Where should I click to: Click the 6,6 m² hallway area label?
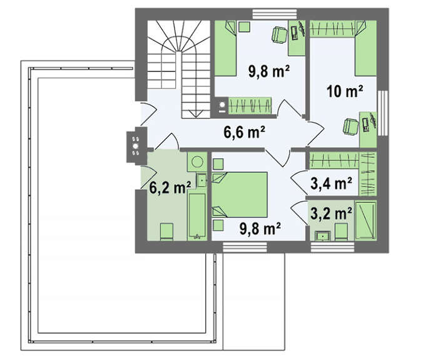tap(245, 132)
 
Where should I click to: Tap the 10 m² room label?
tap(345, 91)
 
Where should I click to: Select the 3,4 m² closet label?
tap(331, 183)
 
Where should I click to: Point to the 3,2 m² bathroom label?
tap(331, 214)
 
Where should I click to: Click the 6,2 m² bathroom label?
tap(170, 187)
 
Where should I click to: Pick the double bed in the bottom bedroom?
tap(240, 195)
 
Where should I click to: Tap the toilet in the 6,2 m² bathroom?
tap(167, 232)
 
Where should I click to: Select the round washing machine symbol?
tap(197, 162)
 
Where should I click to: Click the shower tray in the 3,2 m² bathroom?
tap(365, 220)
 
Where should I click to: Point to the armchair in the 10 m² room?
tap(350, 126)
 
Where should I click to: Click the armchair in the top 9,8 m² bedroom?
tap(279, 34)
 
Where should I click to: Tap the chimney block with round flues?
tap(136, 145)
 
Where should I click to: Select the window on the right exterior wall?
tap(383, 113)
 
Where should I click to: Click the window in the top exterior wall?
tap(275, 14)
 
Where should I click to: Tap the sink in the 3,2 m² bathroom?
tap(323, 236)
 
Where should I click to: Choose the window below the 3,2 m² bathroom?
tap(333, 247)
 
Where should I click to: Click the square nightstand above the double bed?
tap(218, 164)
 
